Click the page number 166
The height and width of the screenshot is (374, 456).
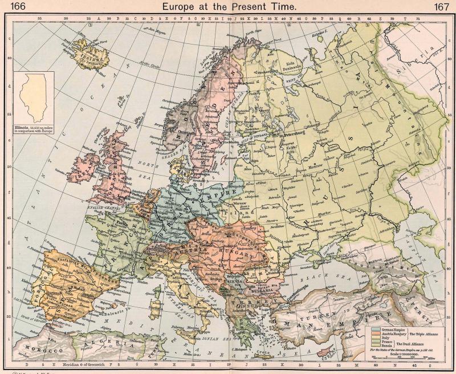coord(12,6)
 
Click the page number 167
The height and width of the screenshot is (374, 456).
coord(442,6)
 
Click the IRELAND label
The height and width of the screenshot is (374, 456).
coord(80,172)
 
